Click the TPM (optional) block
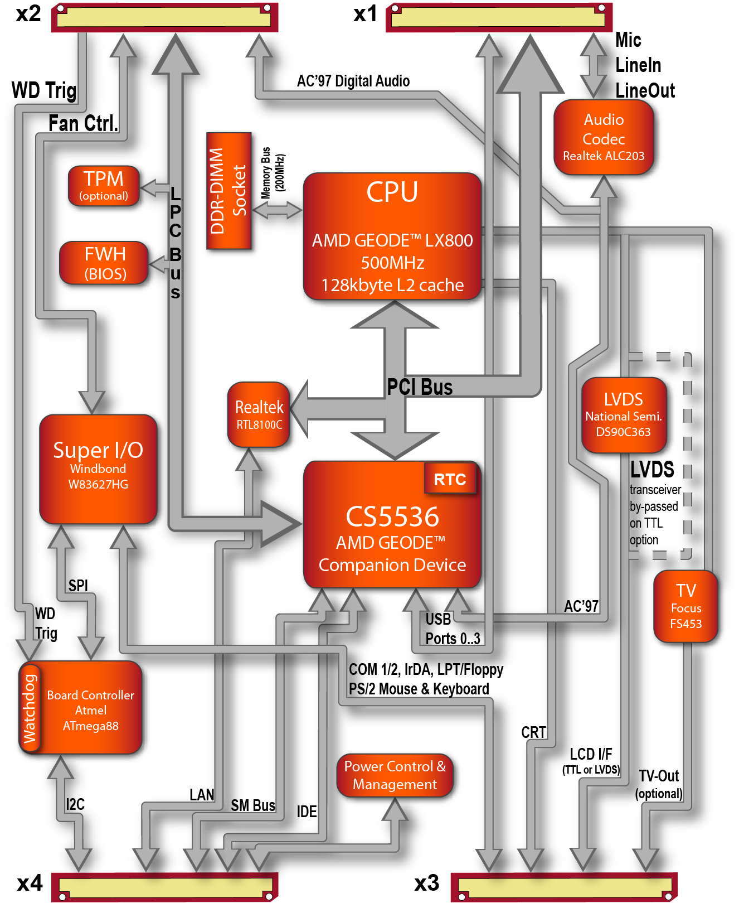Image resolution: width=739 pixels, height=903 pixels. pyautogui.click(x=104, y=186)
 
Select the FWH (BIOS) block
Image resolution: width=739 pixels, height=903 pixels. pyautogui.click(x=104, y=263)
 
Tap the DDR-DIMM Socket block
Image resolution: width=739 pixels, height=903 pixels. pyautogui.click(x=228, y=191)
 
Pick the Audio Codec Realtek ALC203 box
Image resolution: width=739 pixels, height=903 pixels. pyautogui.click(x=604, y=137)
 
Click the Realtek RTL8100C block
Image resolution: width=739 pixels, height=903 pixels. pyautogui.click(x=259, y=414)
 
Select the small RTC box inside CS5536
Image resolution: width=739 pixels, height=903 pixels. pyautogui.click(x=450, y=479)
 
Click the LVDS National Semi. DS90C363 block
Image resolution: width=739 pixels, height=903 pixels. pyautogui.click(x=624, y=414)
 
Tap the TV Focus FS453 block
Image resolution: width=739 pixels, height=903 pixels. pyautogui.click(x=685, y=606)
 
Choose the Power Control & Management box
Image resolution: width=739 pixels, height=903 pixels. pyautogui.click(x=395, y=775)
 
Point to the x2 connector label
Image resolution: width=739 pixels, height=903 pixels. pyautogui.click(x=28, y=14)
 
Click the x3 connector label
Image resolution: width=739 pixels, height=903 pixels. pyautogui.click(x=427, y=883)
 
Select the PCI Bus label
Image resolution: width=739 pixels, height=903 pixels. pyautogui.click(x=420, y=387)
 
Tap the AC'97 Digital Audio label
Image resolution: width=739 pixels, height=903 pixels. pyautogui.click(x=353, y=81)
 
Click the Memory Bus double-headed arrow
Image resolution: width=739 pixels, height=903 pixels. pyautogui.click(x=277, y=210)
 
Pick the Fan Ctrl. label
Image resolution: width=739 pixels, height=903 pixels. pyautogui.click(x=83, y=123)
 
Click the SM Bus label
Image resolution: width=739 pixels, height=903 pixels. pyautogui.click(x=253, y=805)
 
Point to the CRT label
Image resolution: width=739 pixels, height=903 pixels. pyautogui.click(x=533, y=732)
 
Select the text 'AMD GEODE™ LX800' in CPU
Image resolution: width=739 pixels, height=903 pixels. pyautogui.click(x=392, y=240)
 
